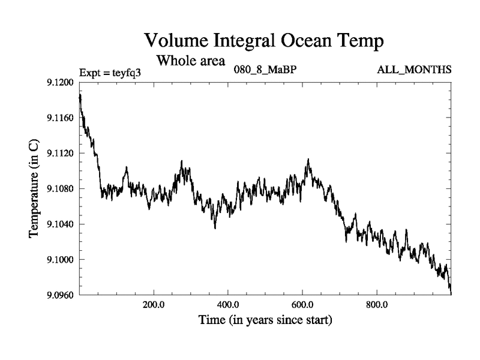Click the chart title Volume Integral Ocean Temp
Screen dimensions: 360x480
(x=264, y=41)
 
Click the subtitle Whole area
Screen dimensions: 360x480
(x=190, y=61)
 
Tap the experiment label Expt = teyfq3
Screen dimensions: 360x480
(x=113, y=72)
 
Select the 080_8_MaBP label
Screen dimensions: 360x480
(x=265, y=70)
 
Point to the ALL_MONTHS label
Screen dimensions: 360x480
(x=414, y=70)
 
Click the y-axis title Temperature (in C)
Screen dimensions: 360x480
(x=34, y=188)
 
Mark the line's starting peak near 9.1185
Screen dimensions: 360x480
(x=80, y=95)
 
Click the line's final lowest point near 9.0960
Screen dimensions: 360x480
(x=451, y=293)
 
